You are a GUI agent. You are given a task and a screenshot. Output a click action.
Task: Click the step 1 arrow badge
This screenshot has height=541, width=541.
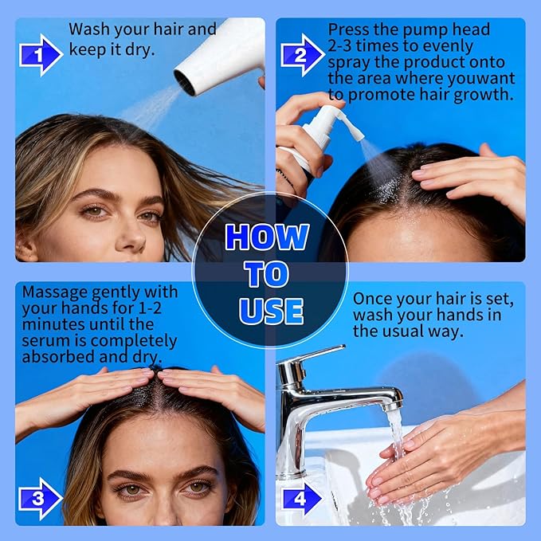(39, 56)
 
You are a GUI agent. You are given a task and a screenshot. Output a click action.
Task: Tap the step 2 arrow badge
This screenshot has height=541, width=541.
(302, 55)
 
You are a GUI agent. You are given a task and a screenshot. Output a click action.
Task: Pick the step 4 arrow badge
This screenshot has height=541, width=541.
(302, 499)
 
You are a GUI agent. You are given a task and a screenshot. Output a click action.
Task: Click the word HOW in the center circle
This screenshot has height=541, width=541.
(267, 237)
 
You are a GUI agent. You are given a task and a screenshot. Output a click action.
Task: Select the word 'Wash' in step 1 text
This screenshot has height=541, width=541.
(89, 29)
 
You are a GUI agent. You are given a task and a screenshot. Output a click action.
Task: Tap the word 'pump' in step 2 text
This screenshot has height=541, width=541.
(436, 29)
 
